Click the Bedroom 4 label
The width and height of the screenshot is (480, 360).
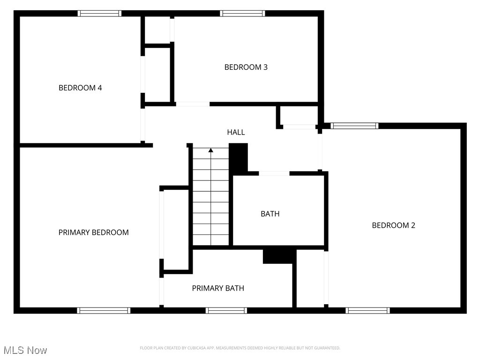click(80, 88)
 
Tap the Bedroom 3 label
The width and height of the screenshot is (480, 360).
click(246, 67)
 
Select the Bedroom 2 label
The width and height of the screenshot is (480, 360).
click(393, 225)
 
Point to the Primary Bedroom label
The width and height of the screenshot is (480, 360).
click(93, 232)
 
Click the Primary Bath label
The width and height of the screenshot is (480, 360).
click(218, 288)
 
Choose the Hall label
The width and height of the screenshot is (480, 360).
click(236, 133)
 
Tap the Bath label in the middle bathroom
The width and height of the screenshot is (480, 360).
click(270, 214)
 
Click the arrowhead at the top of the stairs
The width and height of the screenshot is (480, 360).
click(211, 150)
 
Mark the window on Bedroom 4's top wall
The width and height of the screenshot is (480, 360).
click(99, 14)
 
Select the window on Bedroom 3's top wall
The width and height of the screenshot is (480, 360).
click(242, 14)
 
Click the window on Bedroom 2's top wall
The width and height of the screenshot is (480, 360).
click(354, 126)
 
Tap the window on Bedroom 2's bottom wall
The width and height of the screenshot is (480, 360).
click(367, 310)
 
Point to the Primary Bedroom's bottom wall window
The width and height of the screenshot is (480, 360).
click(104, 310)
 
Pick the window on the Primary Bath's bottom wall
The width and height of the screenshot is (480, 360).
click(226, 310)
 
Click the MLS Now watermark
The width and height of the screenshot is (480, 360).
click(25, 350)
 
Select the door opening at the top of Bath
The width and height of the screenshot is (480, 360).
click(274, 173)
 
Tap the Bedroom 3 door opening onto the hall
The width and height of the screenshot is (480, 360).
click(192, 104)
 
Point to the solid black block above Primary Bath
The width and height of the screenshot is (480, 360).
click(279, 256)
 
